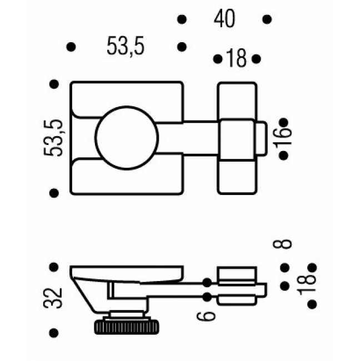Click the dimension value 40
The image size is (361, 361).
coord(224,19)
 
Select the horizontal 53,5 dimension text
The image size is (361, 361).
coord(126,47)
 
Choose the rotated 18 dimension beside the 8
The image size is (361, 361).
coord(310,285)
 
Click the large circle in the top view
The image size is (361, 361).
coord(127,138)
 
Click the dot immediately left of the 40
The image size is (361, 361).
coord(181,19)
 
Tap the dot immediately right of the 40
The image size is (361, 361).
coord(267,19)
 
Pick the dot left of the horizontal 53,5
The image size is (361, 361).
coord(71,47)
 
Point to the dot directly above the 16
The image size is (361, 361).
coord(283,122)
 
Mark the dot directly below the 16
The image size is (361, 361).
coord(283,156)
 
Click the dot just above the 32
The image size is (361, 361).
coord(54,267)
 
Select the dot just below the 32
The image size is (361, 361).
coord(54,333)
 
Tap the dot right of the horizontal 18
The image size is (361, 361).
coord(255,58)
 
